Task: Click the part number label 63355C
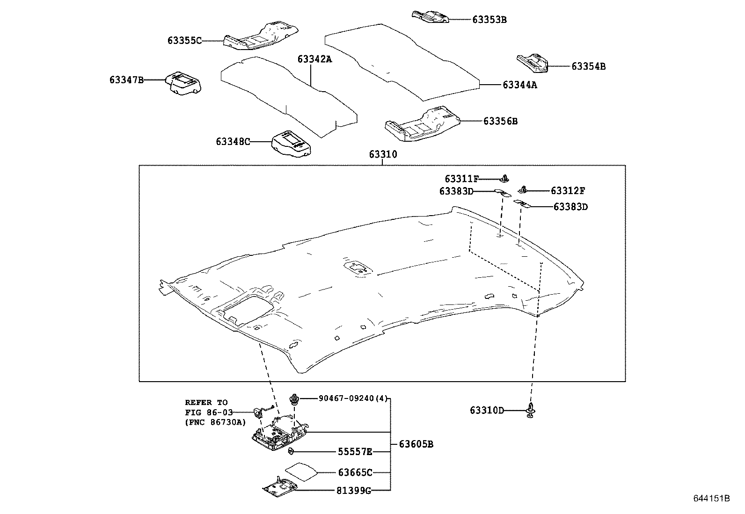point(184,41)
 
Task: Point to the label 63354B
point(588,66)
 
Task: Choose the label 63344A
point(519,85)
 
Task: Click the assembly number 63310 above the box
point(383,154)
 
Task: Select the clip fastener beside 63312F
point(523,189)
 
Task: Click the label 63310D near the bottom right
point(487,411)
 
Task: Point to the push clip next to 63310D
point(531,410)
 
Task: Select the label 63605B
point(416,444)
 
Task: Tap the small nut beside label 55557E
point(291,451)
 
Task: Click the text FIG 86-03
point(206,413)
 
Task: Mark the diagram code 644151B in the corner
point(711,499)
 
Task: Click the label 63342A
point(314,59)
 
